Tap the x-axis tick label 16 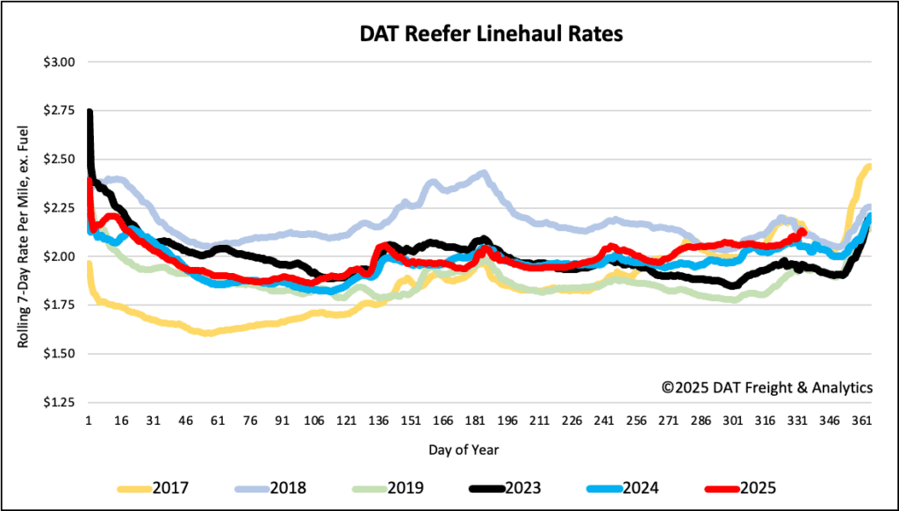[x=121, y=421]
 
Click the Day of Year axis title [x=465, y=450]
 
